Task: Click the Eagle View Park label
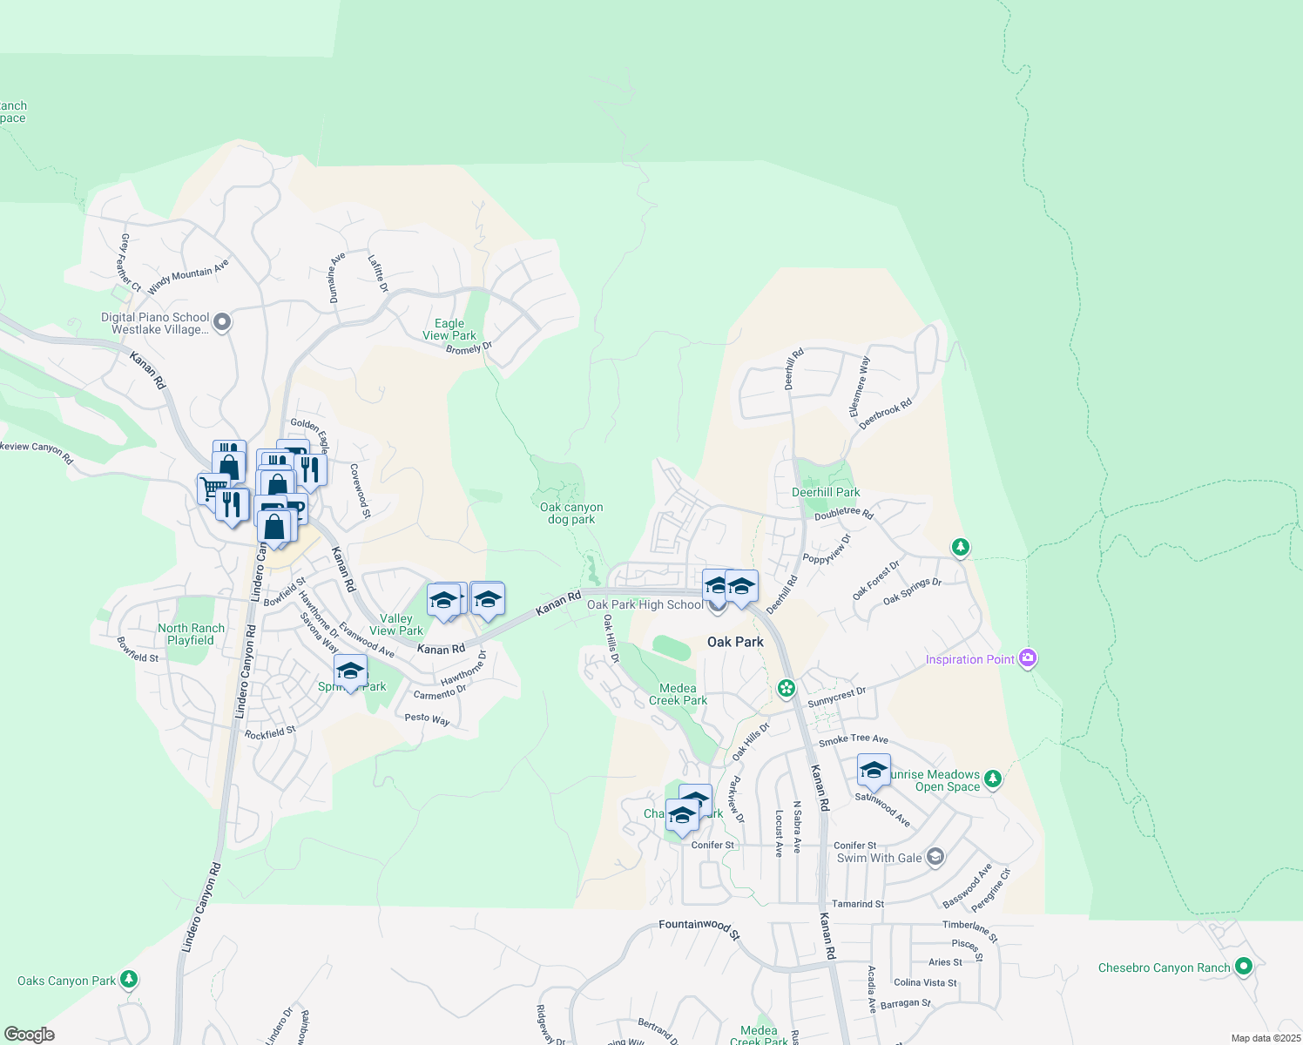[449, 329]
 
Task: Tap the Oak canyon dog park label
[571, 513]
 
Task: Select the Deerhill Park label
[826, 492]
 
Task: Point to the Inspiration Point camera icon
[1028, 658]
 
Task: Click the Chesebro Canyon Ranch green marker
[1244, 967]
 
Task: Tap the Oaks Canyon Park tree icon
[129, 980]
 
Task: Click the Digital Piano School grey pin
[222, 323]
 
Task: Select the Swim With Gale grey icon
[935, 857]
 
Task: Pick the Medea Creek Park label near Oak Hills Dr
[678, 694]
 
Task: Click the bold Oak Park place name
[735, 642]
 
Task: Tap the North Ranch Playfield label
[191, 634]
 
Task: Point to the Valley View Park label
[396, 624]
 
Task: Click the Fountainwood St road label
[699, 927]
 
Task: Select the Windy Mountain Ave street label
[188, 276]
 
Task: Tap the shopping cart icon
[212, 488]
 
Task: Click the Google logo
[30, 1034]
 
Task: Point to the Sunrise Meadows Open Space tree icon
[992, 778]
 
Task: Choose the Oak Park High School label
[645, 604]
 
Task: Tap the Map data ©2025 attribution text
[1266, 1038]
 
